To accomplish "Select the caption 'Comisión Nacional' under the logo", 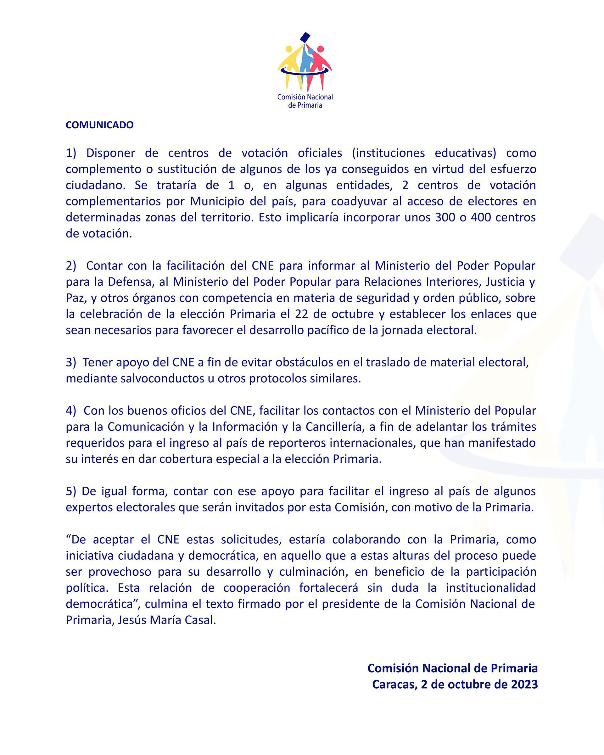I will (x=305, y=97).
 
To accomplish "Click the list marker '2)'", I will (x=71, y=266).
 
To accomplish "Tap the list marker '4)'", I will (x=71, y=411).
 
